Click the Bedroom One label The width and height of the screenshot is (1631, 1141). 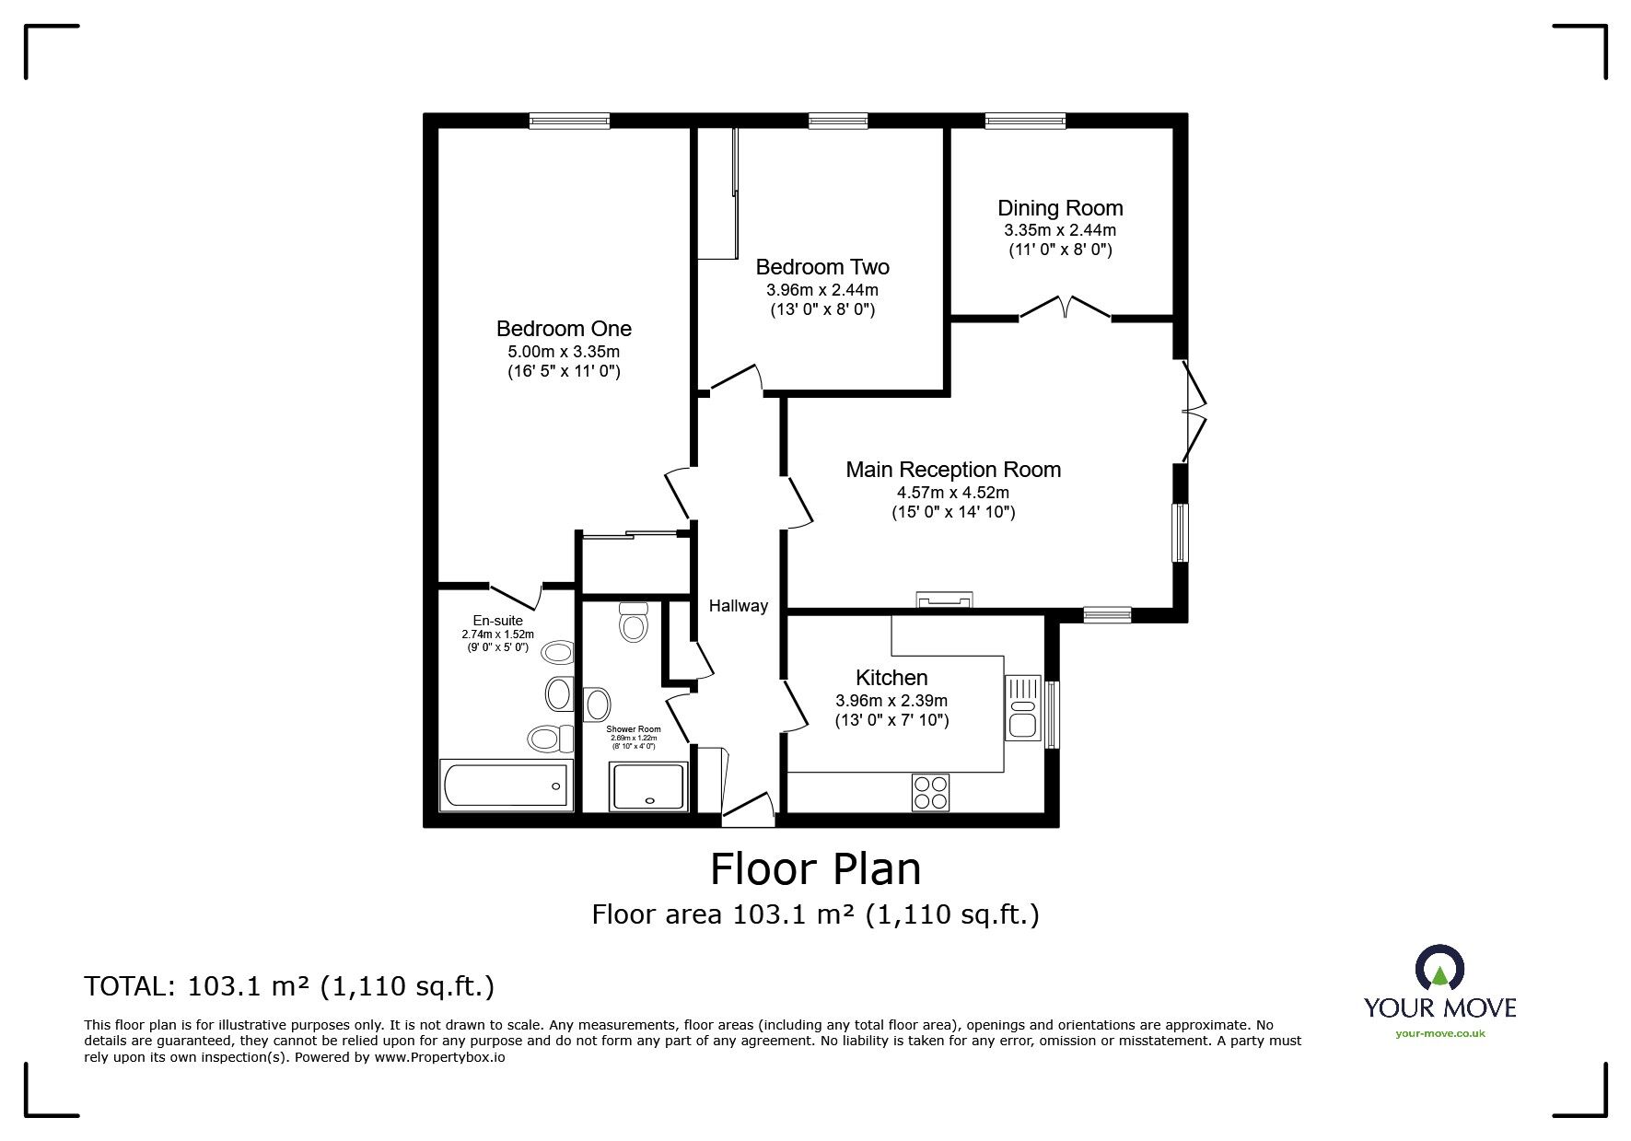(564, 329)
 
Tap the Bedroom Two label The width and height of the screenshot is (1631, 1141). (822, 267)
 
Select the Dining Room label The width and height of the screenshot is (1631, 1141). (1060, 208)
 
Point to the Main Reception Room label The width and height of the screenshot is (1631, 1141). (953, 470)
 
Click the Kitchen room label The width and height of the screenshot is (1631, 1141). (891, 678)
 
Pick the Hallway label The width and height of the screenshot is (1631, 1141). (738, 606)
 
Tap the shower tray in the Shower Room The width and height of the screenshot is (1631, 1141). (648, 786)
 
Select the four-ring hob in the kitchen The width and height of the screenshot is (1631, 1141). (930, 792)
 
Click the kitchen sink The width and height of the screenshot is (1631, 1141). (1023, 707)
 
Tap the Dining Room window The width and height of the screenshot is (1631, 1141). (1025, 120)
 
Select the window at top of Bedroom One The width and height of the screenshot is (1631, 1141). (569, 120)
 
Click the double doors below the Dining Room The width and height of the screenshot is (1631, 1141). (1065, 308)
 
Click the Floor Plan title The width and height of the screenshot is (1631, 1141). (815, 868)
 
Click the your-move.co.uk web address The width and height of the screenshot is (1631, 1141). (1439, 1033)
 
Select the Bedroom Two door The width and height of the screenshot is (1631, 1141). (734, 381)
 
